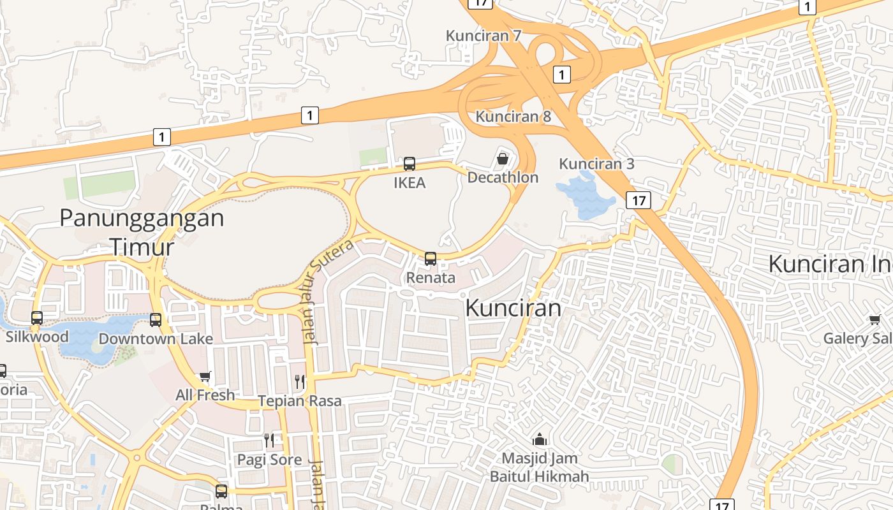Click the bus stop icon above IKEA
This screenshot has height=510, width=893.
tap(410, 164)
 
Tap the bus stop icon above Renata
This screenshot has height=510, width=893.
tap(431, 259)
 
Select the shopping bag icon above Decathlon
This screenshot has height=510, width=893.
tap(503, 158)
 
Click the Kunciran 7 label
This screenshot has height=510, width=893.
tap(483, 36)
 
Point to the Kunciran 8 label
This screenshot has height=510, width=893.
tap(513, 117)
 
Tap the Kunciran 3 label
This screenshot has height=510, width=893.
tap(596, 164)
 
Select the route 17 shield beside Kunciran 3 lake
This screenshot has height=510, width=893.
tap(638, 200)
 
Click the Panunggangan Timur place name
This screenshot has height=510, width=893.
tap(142, 231)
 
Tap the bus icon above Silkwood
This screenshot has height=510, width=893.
tap(37, 318)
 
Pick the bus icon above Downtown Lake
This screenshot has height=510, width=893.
tap(156, 320)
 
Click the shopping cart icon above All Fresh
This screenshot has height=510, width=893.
tap(205, 377)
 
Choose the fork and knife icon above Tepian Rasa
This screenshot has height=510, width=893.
tap(300, 382)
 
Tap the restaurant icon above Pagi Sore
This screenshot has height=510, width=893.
tap(269, 440)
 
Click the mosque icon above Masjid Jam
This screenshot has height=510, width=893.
tap(540, 439)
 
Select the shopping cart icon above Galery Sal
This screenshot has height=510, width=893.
tap(874, 319)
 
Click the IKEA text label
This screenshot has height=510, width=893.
tap(410, 183)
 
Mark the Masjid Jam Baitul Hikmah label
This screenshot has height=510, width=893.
tap(540, 467)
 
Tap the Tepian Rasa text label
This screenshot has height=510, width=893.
tap(300, 401)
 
